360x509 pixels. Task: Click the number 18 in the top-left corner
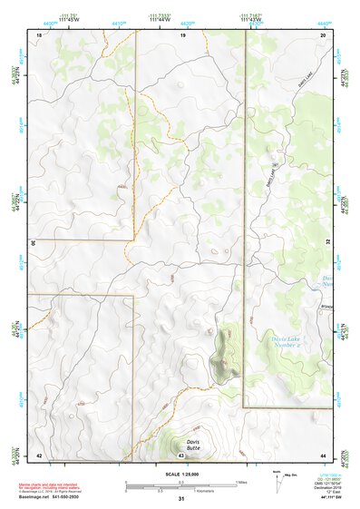point(38,34)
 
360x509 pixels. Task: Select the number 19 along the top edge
point(182,34)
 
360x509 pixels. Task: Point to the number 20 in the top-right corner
point(324,34)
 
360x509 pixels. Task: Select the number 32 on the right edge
point(326,243)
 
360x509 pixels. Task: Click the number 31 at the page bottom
point(181,499)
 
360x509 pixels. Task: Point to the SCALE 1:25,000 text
point(179,474)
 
